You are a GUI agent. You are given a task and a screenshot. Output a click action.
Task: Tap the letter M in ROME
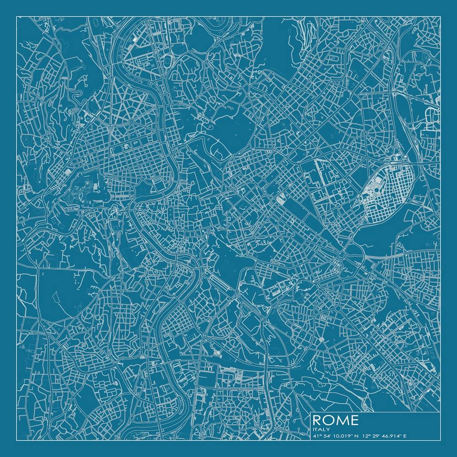tap(342, 420)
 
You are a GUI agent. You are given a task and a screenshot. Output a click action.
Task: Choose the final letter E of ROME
tap(354, 420)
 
